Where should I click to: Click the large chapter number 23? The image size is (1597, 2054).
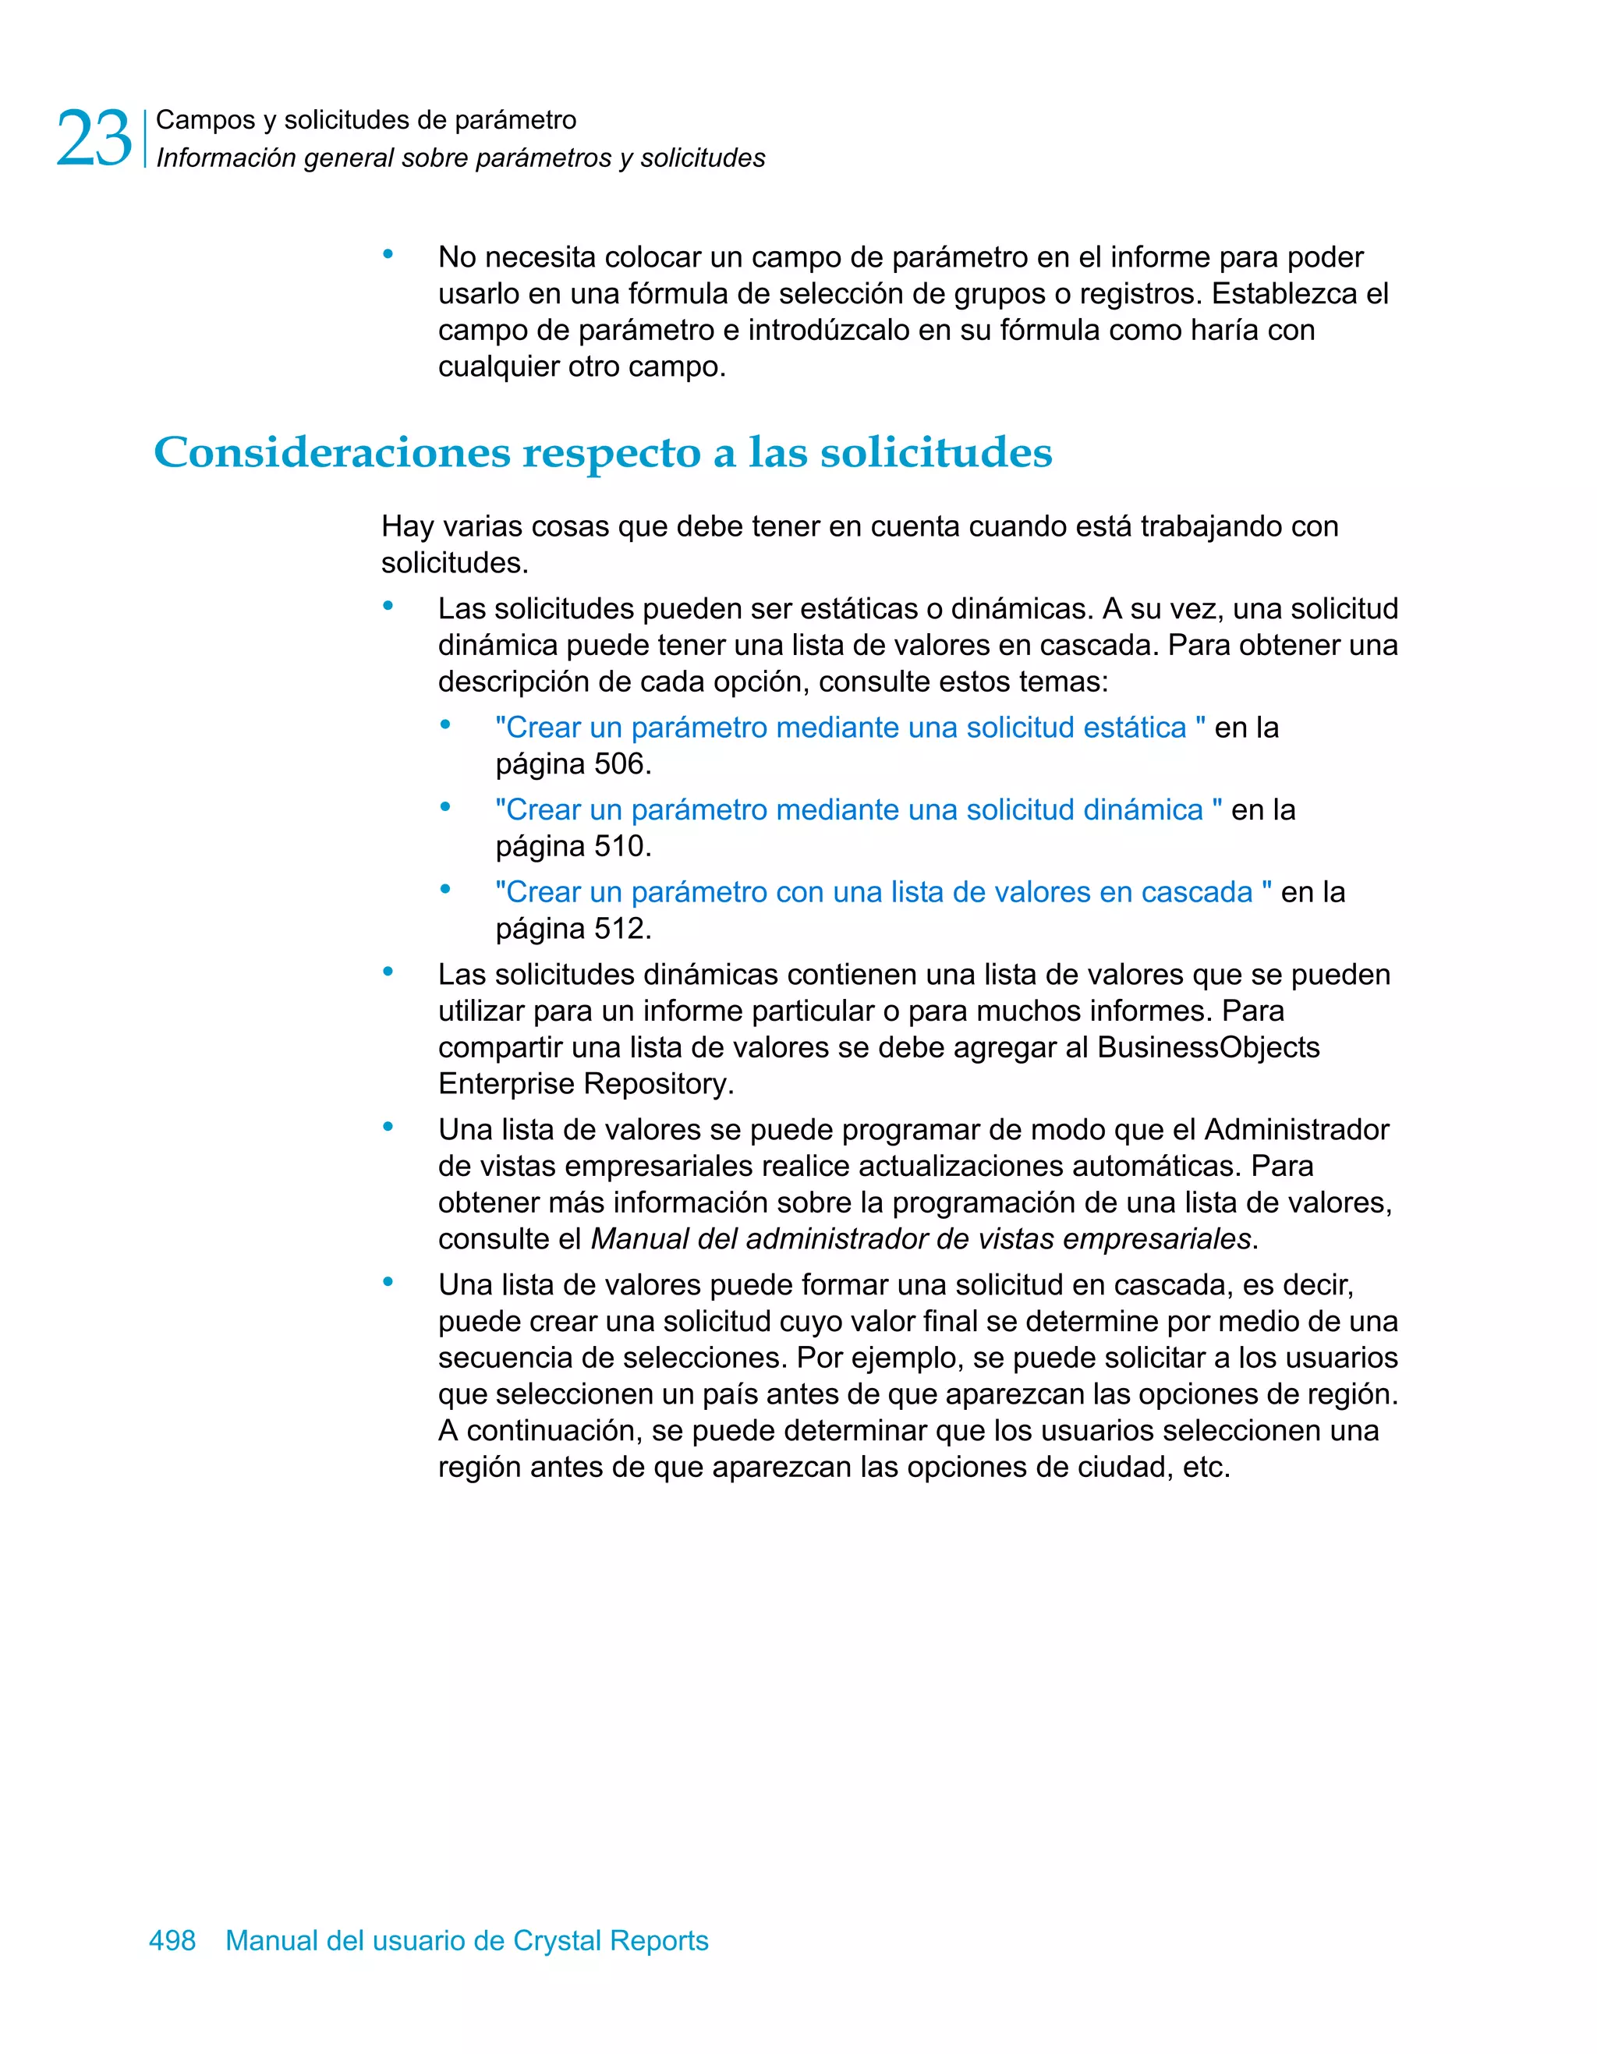coord(93,139)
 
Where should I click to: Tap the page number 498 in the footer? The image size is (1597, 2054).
coord(172,1940)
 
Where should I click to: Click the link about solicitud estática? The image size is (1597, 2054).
coord(849,728)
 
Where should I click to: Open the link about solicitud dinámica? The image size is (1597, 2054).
coord(858,809)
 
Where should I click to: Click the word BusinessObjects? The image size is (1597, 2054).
coord(1208,1048)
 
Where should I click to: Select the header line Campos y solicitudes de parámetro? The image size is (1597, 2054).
coord(366,120)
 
